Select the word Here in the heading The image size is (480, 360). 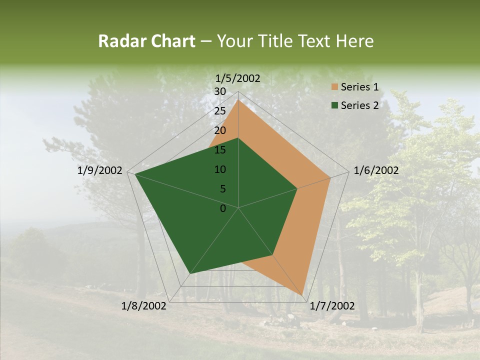point(355,41)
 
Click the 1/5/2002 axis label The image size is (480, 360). point(238,78)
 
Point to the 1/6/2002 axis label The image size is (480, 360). point(376,170)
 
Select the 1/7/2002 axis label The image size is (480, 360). point(332,306)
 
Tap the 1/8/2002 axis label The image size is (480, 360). point(144,306)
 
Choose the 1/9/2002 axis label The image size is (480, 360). point(100,170)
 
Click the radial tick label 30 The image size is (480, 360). point(220,91)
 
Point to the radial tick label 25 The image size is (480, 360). point(220,111)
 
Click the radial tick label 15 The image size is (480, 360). point(220,150)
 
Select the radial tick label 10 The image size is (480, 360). point(220,169)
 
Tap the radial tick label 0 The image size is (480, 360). point(223,208)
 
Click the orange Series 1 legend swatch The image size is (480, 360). point(334,87)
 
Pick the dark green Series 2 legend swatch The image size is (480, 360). point(334,105)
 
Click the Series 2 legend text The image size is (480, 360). point(359,105)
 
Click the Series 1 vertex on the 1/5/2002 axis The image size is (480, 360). point(238,99)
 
